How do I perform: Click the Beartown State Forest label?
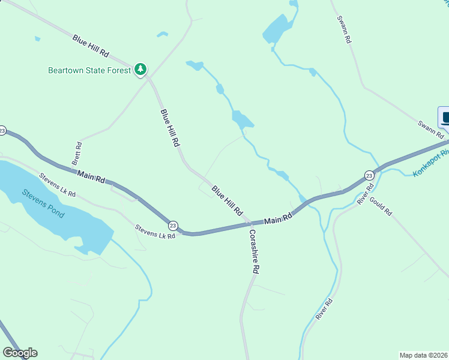pyautogui.click(x=89, y=70)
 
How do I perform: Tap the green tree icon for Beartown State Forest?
pyautogui.click(x=140, y=70)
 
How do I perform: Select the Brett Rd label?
pyautogui.click(x=77, y=154)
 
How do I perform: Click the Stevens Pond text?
pyautogui.click(x=43, y=202)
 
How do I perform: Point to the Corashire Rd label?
pyautogui.click(x=253, y=251)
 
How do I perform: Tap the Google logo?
pyautogui.click(x=20, y=353)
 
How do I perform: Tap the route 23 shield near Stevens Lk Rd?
pyautogui.click(x=173, y=225)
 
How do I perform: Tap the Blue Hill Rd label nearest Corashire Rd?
pyautogui.click(x=226, y=202)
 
